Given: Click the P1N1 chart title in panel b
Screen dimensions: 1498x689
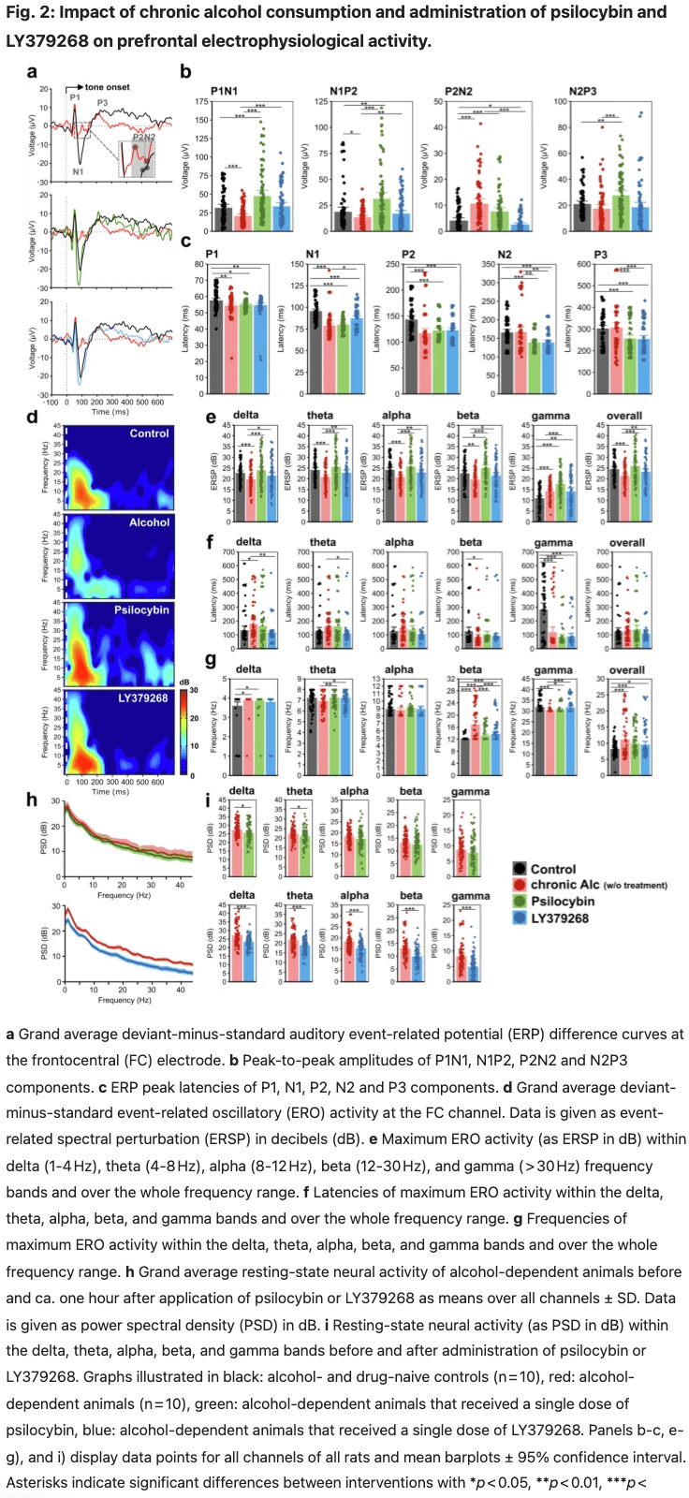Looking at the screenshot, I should click(x=224, y=91).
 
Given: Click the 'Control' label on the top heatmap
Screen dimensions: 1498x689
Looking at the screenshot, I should click(x=149, y=433).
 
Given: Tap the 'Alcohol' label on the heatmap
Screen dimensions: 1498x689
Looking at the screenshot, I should click(x=149, y=522).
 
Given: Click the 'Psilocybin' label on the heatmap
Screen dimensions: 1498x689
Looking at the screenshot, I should click(x=141, y=609).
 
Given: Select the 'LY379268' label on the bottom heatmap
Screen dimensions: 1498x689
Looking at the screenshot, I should click(x=143, y=698).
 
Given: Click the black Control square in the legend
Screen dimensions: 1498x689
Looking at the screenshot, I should click(x=520, y=869).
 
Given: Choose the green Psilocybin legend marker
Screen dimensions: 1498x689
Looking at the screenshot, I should click(x=520, y=902).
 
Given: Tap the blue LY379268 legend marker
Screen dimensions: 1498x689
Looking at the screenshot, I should click(x=520, y=918).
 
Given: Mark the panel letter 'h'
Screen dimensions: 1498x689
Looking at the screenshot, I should click(x=31, y=799).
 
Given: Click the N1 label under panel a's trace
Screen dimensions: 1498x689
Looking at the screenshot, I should click(x=78, y=171).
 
